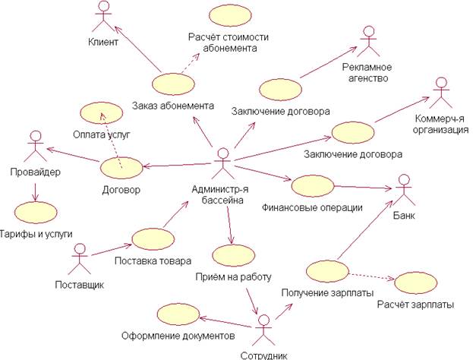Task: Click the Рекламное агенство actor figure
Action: [370, 42]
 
